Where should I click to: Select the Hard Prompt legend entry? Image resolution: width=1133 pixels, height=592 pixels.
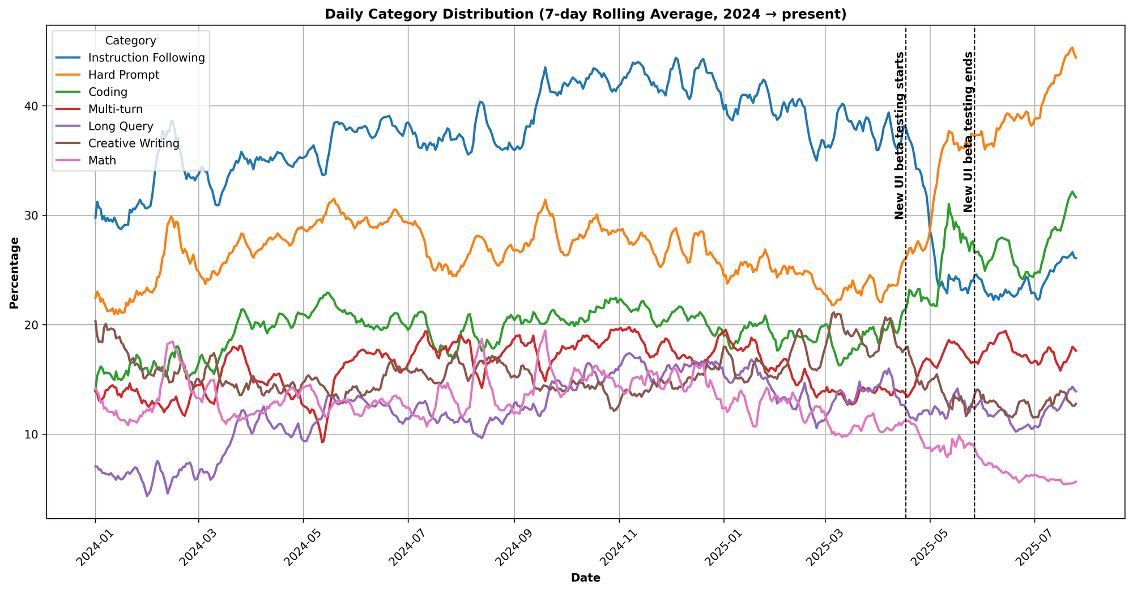pyautogui.click(x=127, y=75)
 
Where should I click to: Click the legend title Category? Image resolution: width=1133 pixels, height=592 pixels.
pyautogui.click(x=131, y=41)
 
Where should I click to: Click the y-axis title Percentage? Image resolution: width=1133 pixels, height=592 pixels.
pyautogui.click(x=14, y=273)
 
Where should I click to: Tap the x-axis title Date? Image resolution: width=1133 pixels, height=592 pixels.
pyautogui.click(x=585, y=578)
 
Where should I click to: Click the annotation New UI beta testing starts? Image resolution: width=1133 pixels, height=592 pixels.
pyautogui.click(x=899, y=136)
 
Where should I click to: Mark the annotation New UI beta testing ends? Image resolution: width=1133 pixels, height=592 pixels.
pyautogui.click(x=968, y=132)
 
